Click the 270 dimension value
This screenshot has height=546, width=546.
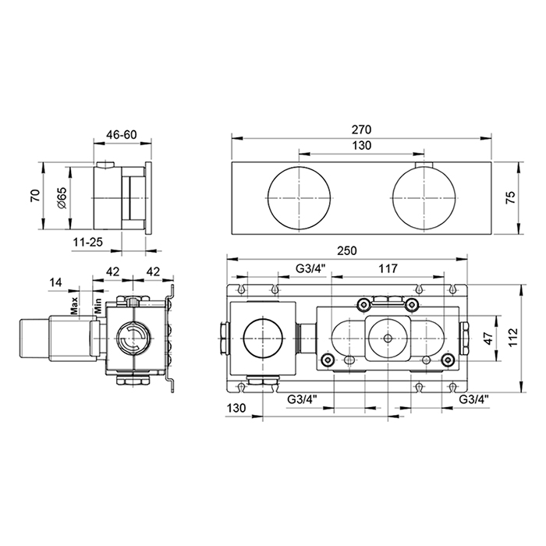tap(361, 129)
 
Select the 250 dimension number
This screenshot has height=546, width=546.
tap(347, 250)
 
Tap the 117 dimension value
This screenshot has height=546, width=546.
tap(388, 268)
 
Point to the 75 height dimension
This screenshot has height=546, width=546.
tap(510, 198)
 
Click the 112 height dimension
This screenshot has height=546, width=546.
tap(513, 338)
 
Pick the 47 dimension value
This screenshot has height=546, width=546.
tap(489, 338)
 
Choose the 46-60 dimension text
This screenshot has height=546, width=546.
tap(122, 134)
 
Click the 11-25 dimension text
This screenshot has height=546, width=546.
tap(87, 242)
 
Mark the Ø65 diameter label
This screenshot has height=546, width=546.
tap(62, 198)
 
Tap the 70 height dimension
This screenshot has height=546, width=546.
tap(35, 196)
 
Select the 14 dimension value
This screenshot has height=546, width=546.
tap(55, 282)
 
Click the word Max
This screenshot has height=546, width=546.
tap(74, 306)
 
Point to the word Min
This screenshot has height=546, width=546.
tap(98, 306)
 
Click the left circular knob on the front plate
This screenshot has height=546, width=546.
tap(299, 198)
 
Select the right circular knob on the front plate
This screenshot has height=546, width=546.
tap(424, 198)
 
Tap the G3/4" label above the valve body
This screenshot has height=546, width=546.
tap(310, 268)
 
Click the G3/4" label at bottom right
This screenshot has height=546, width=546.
tap(473, 399)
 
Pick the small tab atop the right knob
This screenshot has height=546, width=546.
tap(424, 165)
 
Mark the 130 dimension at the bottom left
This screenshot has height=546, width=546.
tap(236, 408)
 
